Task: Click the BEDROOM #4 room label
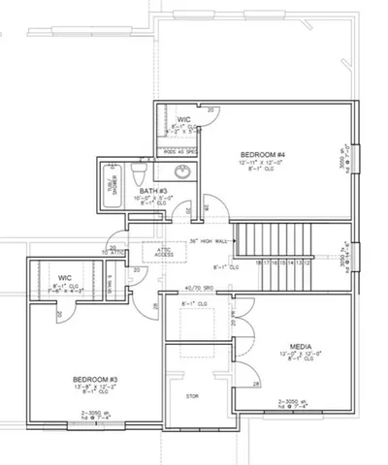pos(261,155)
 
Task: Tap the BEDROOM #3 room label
pos(96,379)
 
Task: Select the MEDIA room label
pos(300,345)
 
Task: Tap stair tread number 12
pos(307,263)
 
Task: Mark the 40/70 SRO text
pos(199,288)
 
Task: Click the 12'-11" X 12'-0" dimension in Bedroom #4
pos(262,164)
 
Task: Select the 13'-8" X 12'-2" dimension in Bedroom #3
pos(96,387)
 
